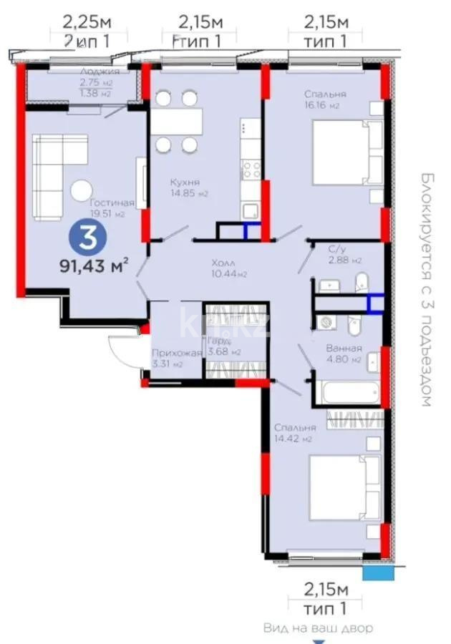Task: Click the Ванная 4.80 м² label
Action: tap(344, 354)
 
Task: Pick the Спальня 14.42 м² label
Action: tap(294, 433)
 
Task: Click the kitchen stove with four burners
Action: tap(251, 170)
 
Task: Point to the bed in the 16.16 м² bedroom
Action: tap(341, 152)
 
